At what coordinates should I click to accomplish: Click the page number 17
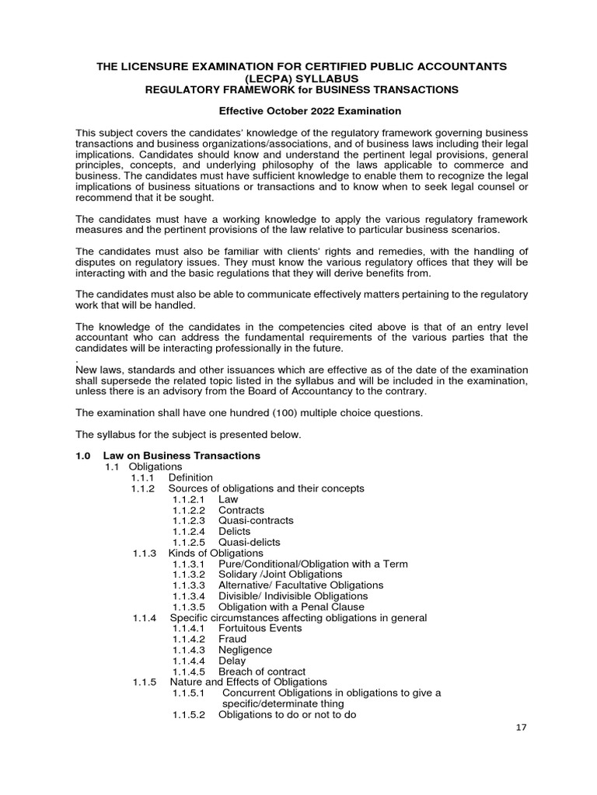522,728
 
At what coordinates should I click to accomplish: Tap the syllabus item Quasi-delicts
250,542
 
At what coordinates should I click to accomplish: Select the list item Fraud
232,639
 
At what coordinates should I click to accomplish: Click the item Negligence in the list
245,650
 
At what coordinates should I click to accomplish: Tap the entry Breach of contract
262,672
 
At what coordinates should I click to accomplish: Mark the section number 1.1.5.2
188,714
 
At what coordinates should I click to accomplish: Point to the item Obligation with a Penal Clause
291,606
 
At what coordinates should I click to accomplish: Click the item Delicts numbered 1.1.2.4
234,532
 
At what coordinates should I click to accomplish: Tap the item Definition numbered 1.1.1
190,477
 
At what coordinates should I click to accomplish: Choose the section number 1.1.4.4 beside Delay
188,661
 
